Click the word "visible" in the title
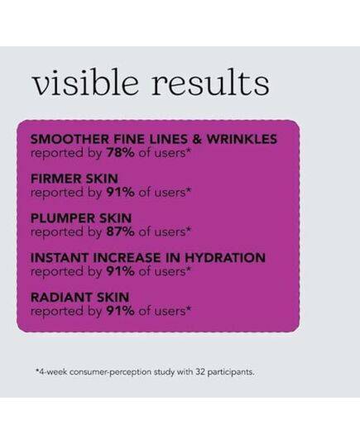tap(86, 82)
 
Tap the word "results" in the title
tap(210, 82)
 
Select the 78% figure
tap(121, 153)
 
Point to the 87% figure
tap(121, 232)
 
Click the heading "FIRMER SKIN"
tap(74, 179)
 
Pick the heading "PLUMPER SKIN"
tap(81, 218)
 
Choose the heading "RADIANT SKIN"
tap(79, 298)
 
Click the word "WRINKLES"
tap(242, 139)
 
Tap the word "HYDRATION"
tap(225, 258)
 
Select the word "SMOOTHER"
tap(70, 139)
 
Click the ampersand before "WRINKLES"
tap(197, 139)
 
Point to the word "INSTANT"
tap(60, 258)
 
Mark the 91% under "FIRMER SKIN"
tap(121, 193)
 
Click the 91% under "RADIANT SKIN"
tap(121, 311)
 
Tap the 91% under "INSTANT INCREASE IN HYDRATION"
tap(121, 271)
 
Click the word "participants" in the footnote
tap(231, 372)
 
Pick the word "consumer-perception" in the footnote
tap(110, 372)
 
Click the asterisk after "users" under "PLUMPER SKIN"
tap(189, 229)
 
